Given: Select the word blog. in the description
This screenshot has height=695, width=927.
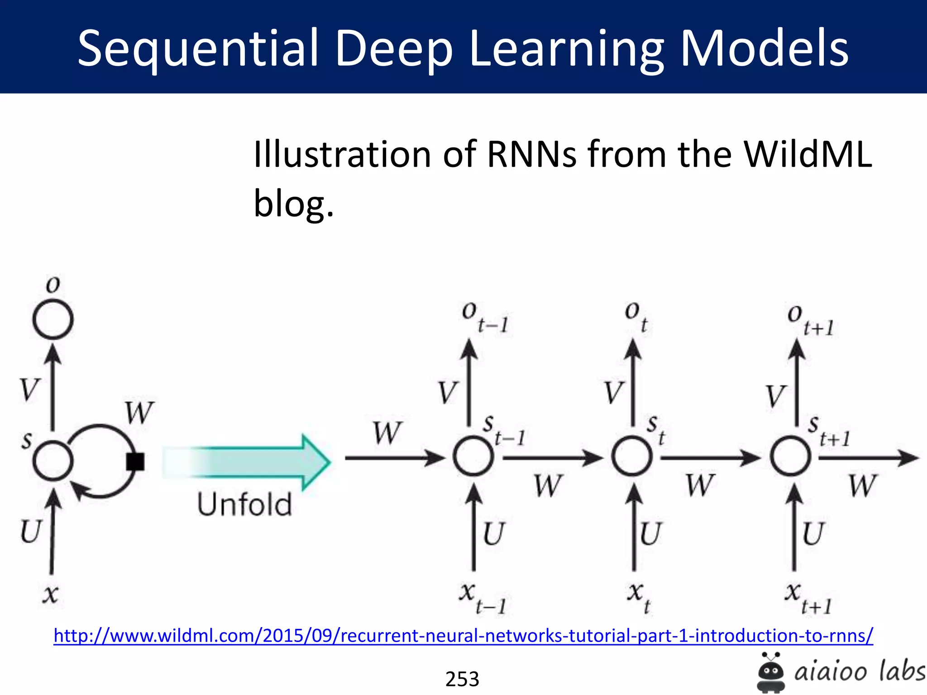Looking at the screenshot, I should click(293, 204).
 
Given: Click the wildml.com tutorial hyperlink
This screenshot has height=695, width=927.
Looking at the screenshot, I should click(463, 635).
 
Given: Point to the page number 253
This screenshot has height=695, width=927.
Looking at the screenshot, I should click(462, 679).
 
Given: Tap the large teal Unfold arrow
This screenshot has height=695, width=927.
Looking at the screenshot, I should click(247, 462).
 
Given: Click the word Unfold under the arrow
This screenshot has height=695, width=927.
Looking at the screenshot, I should click(244, 505).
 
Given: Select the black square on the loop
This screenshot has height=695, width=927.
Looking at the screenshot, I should click(135, 462).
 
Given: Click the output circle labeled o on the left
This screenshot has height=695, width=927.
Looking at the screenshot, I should click(53, 320).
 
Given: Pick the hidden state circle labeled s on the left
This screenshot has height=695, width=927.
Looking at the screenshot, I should click(53, 461).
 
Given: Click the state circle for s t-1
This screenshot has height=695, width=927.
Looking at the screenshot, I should click(473, 457).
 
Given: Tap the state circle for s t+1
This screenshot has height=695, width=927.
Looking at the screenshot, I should click(791, 457).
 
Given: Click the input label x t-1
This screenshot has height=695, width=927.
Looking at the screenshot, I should click(483, 597).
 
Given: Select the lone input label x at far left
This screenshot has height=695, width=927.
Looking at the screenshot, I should click(50, 594).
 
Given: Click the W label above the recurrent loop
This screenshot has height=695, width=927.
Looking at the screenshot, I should click(139, 412).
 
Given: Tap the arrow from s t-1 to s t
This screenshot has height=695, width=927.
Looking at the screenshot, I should click(552, 458).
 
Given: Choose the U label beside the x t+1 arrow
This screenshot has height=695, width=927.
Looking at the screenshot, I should click(813, 534).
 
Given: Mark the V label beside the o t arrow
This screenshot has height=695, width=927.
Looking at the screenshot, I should click(614, 392).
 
